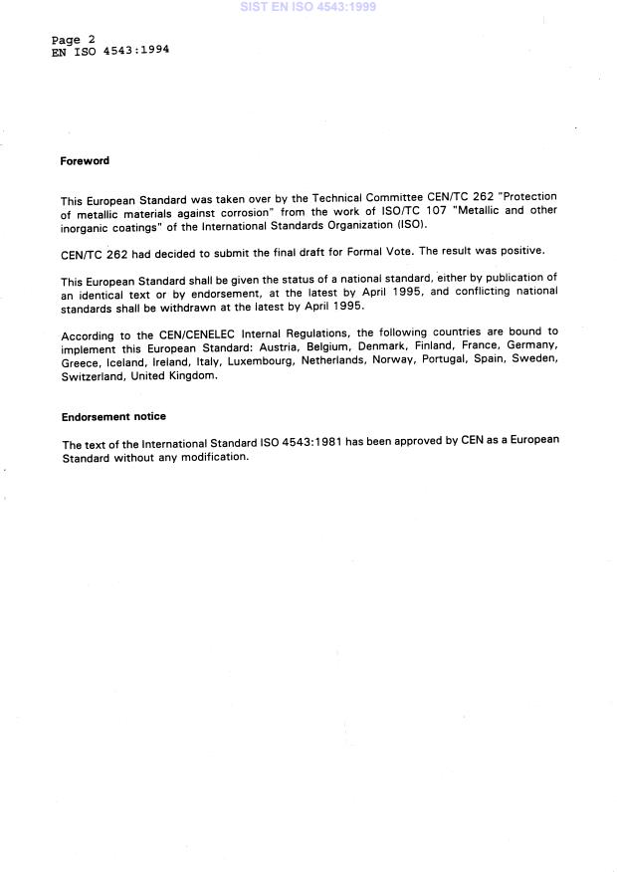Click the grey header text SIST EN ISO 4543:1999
308,7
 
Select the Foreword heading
85,161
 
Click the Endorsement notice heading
113,417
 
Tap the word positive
522,251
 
